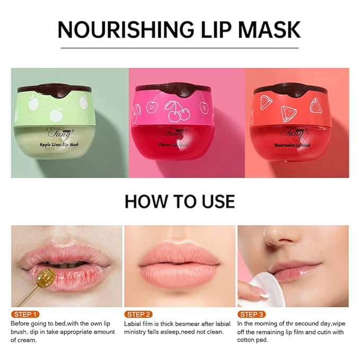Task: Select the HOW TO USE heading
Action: (179, 201)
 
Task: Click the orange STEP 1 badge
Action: (25, 314)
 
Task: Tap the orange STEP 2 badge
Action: (138, 314)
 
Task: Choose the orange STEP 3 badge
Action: (251, 314)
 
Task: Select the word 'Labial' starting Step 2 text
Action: (133, 323)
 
